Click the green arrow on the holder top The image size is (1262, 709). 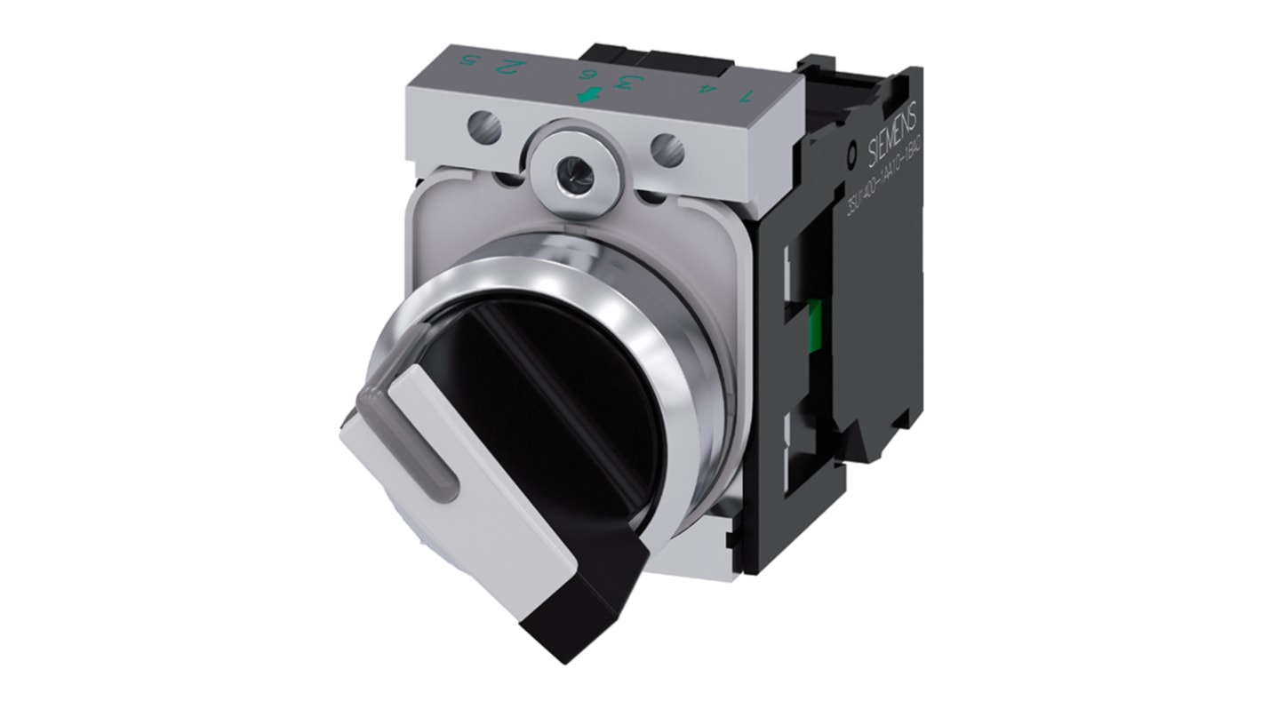pos(586,95)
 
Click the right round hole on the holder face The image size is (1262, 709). pos(667,149)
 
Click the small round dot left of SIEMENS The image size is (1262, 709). pos(852,162)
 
